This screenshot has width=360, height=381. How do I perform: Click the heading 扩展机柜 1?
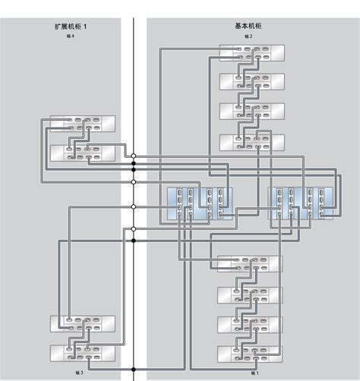tap(71, 27)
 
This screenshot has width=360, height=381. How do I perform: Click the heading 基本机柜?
tap(248, 27)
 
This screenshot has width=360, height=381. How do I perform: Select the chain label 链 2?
tap(248, 36)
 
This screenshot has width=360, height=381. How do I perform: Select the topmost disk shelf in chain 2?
tap(251, 52)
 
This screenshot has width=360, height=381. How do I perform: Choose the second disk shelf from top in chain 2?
tap(251, 82)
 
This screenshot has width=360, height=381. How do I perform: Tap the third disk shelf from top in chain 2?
tap(251, 112)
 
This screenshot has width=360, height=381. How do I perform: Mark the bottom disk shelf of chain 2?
tap(251, 142)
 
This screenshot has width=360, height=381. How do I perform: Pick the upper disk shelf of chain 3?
tap(82, 324)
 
